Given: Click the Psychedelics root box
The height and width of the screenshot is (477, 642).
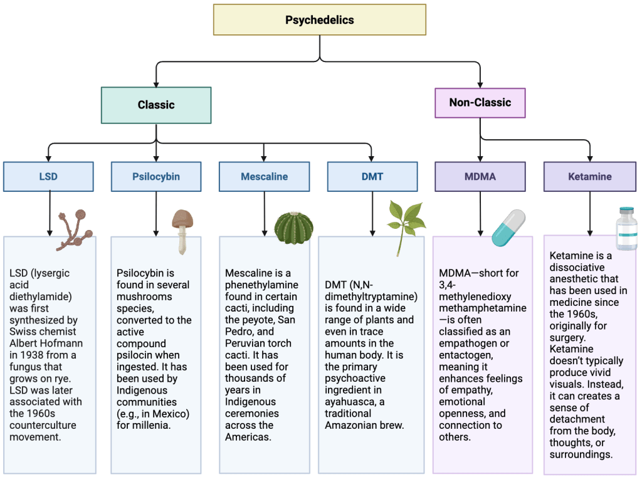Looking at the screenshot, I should (319, 19).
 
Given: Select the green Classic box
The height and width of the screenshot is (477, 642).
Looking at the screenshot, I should (156, 105).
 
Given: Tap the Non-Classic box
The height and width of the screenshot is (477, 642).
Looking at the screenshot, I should (480, 103).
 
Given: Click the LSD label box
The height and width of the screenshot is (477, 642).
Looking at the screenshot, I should (48, 176).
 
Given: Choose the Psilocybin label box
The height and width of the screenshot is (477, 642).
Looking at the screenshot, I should (156, 176).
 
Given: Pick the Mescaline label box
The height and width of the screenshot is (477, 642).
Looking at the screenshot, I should (264, 176).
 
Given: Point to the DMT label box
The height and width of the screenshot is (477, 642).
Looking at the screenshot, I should (372, 176).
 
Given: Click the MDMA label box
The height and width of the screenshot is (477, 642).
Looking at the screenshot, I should (480, 176).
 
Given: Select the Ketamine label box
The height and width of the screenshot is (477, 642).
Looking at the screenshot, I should (589, 176).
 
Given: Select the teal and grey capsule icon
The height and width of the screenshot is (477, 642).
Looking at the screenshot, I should (508, 228).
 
